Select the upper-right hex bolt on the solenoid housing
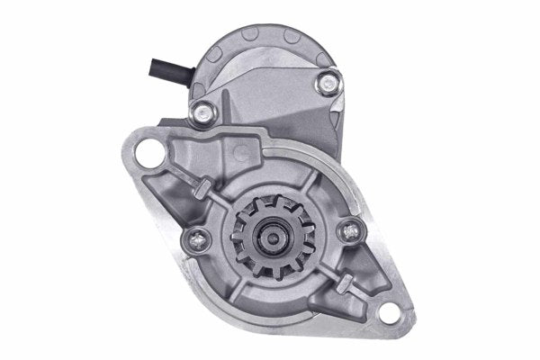324,85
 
